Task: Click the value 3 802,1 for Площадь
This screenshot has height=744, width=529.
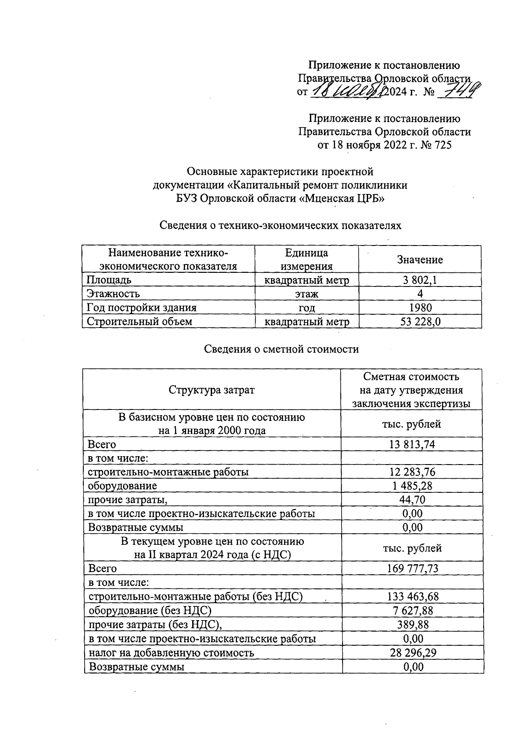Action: pyautogui.click(x=420, y=280)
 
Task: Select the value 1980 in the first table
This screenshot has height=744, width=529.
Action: pyautogui.click(x=420, y=308)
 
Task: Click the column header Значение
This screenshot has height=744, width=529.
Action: pyautogui.click(x=420, y=260)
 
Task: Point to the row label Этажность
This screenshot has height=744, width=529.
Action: pyautogui.click(x=113, y=294)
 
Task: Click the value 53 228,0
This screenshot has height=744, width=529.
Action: pyautogui.click(x=420, y=322)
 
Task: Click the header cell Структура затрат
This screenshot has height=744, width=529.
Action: pyautogui.click(x=212, y=390)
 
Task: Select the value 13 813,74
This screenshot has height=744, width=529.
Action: pyautogui.click(x=412, y=444)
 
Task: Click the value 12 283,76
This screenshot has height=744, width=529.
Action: pyautogui.click(x=412, y=472)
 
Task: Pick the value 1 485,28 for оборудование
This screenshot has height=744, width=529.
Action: pyautogui.click(x=412, y=486)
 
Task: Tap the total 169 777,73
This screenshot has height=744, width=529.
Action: pyautogui.click(x=413, y=569)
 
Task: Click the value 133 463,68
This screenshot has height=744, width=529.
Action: pyautogui.click(x=413, y=597)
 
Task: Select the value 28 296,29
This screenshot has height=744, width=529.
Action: pyautogui.click(x=413, y=653)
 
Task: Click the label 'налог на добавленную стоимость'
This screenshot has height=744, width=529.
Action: pyautogui.click(x=171, y=653)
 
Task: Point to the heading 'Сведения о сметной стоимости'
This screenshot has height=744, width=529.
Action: pyautogui.click(x=281, y=350)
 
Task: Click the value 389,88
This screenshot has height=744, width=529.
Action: pyautogui.click(x=413, y=625)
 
